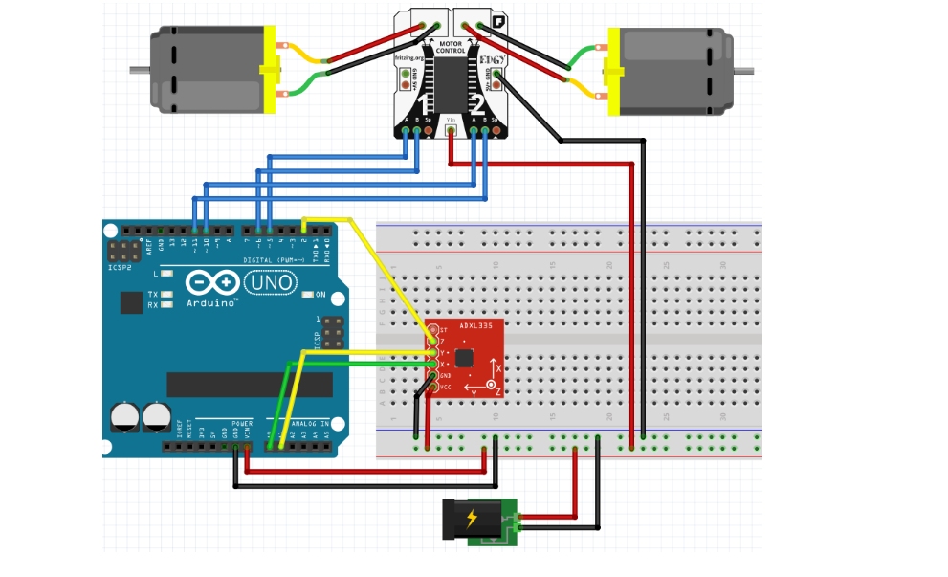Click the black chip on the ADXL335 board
point(464,359)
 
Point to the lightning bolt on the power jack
point(471,519)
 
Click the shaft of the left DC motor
point(140,70)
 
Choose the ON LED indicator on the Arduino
point(309,294)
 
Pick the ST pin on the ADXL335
point(431,330)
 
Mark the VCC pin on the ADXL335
point(431,388)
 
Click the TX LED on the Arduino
point(167,295)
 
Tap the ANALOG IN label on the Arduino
point(311,422)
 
